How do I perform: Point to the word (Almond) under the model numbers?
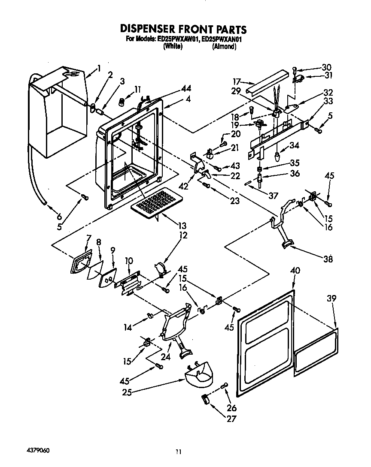click(224, 46)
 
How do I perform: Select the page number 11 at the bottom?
click(179, 451)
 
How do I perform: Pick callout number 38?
click(328, 259)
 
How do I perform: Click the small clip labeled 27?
click(205, 400)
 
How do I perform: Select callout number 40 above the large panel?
click(295, 271)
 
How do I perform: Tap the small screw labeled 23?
click(206, 185)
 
